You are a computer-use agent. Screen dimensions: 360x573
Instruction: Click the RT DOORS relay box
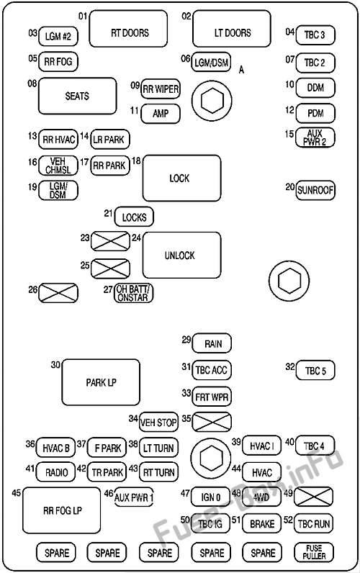point(128,29)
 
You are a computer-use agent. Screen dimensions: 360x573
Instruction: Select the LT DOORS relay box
point(232,29)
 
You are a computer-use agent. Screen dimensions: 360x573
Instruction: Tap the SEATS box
point(78,96)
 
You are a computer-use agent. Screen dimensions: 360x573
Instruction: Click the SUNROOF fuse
point(315,190)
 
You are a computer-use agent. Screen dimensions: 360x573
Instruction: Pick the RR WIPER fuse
point(161,89)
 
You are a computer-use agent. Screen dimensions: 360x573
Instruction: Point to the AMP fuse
point(161,114)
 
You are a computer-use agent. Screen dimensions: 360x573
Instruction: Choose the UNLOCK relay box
point(181,255)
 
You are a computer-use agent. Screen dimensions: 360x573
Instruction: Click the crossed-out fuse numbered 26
point(58,293)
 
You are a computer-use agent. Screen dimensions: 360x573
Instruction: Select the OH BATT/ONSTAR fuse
point(133,293)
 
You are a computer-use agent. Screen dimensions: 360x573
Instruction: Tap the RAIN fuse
point(212,343)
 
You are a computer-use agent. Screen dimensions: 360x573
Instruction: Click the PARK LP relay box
point(101,382)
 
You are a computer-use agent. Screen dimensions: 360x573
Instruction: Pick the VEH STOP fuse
point(158,423)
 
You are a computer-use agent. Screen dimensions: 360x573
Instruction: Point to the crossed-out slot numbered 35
point(212,422)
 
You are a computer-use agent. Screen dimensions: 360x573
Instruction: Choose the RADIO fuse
point(55,472)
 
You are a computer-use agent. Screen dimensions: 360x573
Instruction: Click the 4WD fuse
point(261,497)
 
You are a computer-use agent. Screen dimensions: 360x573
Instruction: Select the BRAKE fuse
point(261,523)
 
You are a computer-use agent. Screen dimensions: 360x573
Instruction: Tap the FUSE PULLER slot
point(314,552)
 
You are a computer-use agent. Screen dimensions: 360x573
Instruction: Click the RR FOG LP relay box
point(61,510)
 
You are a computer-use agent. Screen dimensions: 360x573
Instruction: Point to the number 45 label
point(16,493)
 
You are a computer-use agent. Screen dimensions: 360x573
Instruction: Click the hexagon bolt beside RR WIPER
point(212,101)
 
